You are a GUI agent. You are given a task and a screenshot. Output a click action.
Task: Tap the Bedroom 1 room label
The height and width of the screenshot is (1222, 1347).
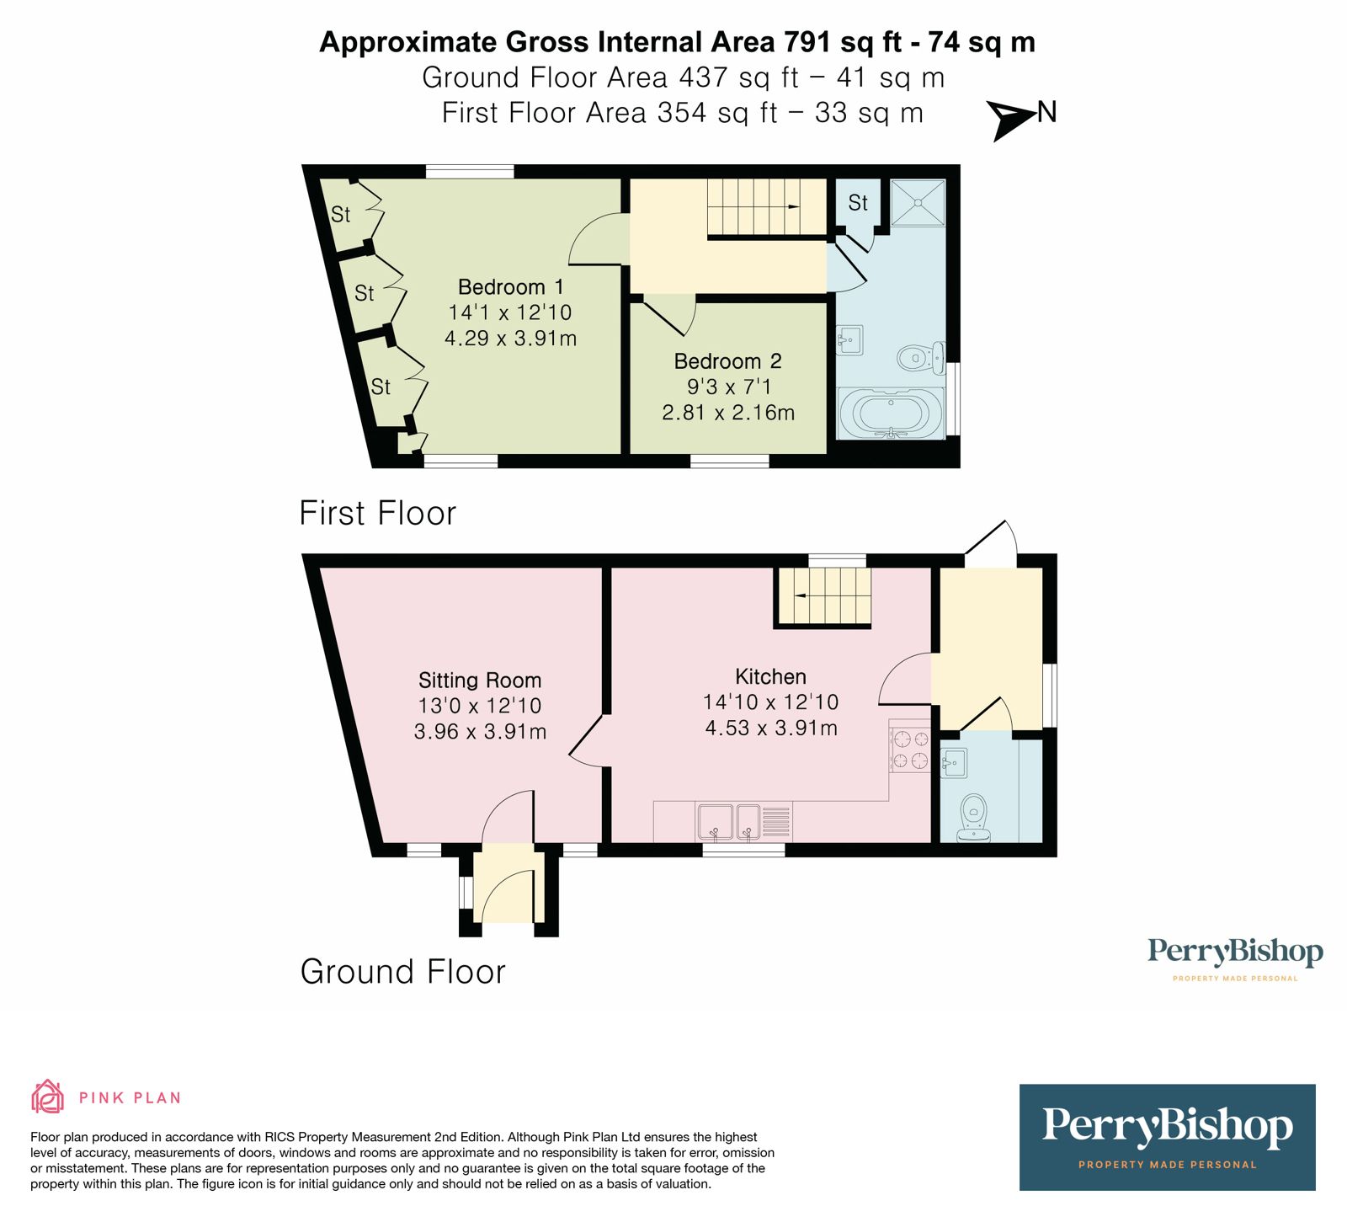510,287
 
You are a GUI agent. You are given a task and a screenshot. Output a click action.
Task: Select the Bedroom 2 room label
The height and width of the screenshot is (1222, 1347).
727,361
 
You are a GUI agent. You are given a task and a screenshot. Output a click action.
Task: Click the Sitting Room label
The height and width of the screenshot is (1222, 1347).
480,680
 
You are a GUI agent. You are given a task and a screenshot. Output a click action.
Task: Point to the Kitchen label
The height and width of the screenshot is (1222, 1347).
770,677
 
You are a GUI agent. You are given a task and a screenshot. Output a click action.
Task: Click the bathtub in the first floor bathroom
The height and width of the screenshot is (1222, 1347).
892,414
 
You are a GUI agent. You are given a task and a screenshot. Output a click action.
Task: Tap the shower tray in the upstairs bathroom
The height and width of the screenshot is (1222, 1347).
918,203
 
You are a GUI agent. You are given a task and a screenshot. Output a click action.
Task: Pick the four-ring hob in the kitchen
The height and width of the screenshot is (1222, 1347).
910,750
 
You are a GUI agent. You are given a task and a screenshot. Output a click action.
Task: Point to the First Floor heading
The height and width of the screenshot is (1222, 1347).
377,513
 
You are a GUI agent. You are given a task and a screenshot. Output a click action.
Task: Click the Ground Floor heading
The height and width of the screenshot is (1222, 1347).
402,972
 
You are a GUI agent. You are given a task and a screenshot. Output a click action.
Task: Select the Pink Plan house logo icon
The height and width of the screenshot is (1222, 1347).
47,1097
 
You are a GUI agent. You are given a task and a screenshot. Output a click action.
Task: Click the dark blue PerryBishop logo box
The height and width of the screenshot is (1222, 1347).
1167,1137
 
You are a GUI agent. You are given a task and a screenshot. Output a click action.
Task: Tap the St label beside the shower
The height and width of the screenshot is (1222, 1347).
858,203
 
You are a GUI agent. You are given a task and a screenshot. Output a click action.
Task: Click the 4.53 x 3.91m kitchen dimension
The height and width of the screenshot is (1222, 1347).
771,728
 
